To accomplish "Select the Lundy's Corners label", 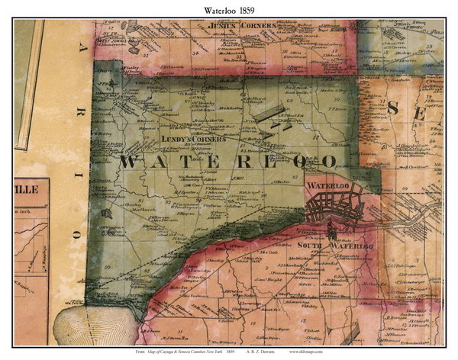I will point(193,140).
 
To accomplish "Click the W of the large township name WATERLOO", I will point(128,162).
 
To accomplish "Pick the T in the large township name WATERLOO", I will point(187,162).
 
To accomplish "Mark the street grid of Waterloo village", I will point(336,206).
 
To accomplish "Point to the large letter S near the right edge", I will point(393,108).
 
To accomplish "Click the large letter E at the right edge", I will point(438,109).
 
